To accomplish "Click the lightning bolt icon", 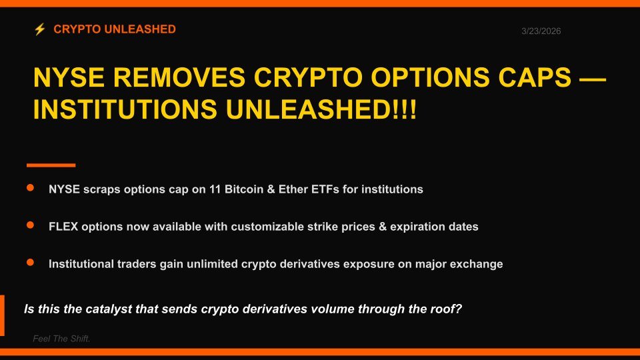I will click(39, 29).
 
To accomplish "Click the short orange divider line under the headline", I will click(51, 165).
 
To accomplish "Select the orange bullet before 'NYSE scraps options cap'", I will click(30, 189).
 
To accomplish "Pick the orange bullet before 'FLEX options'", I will click(30, 226).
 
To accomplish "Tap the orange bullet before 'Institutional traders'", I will click(30, 263).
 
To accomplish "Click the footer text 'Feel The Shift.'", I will click(61, 339).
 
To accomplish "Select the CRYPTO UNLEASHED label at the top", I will click(115, 29).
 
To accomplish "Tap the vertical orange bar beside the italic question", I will click(2, 315).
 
